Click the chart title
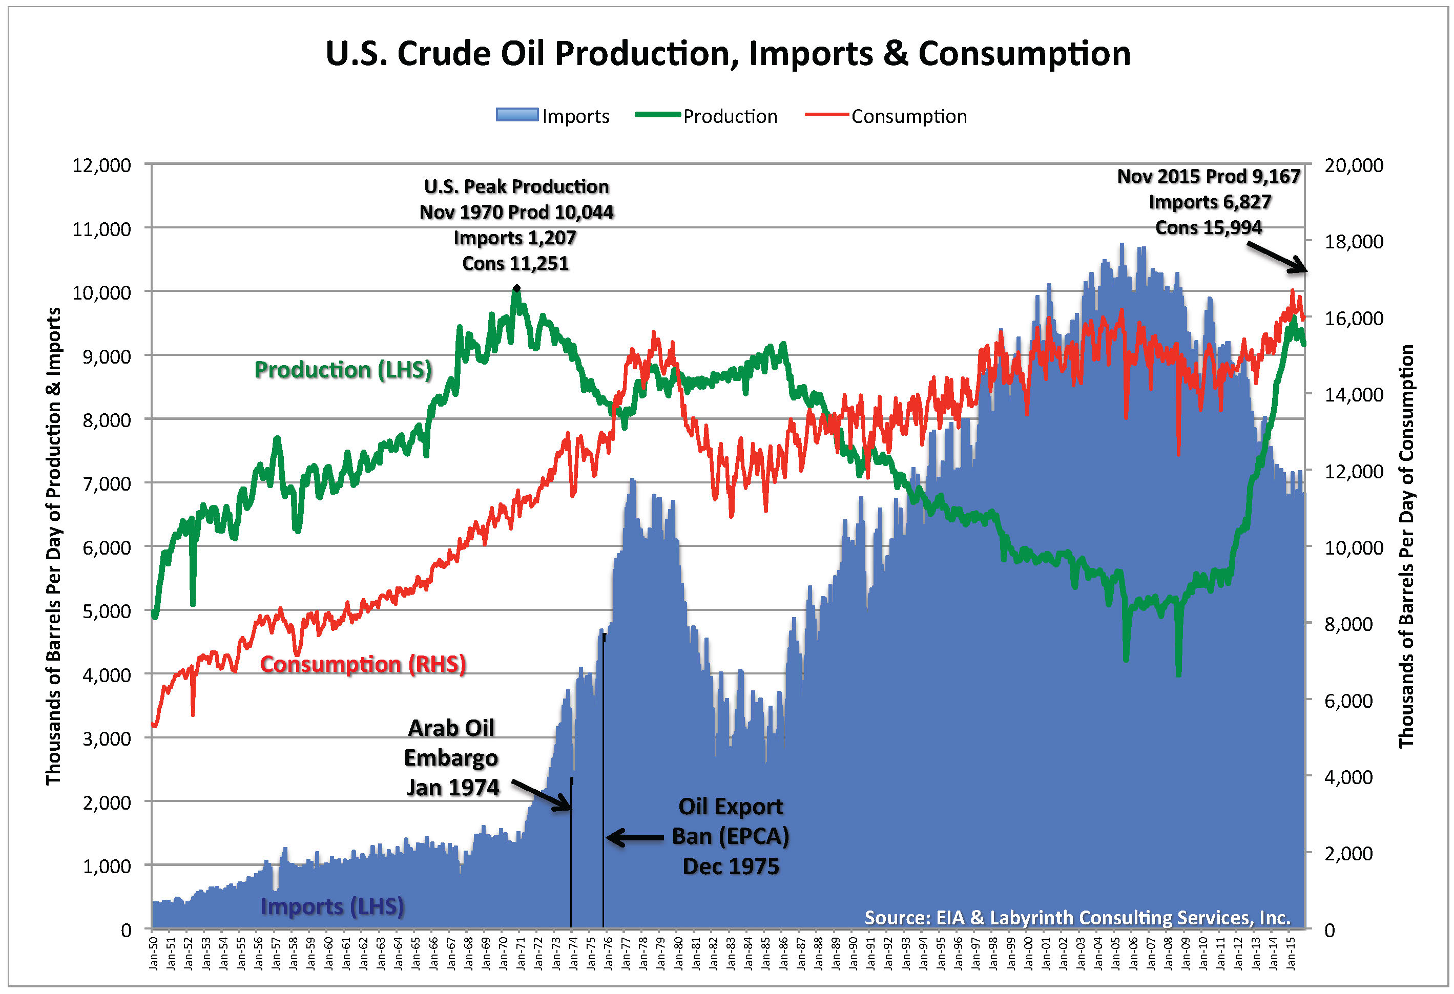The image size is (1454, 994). point(728,53)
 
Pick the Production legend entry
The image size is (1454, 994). point(707,116)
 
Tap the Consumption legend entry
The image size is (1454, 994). point(886,116)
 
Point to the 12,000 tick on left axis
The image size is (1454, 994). point(101,166)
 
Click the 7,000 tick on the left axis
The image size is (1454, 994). point(107,483)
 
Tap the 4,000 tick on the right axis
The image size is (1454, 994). point(1349,777)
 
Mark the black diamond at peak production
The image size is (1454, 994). point(516,288)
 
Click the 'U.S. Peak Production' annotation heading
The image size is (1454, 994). point(516,186)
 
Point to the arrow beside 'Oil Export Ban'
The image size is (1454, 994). point(634,838)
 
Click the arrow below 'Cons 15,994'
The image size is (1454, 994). point(1276,257)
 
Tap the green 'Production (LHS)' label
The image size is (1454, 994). point(343,370)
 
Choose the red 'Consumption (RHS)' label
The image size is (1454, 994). point(363,664)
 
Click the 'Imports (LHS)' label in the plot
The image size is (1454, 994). point(331,906)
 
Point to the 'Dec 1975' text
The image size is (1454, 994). point(731,866)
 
